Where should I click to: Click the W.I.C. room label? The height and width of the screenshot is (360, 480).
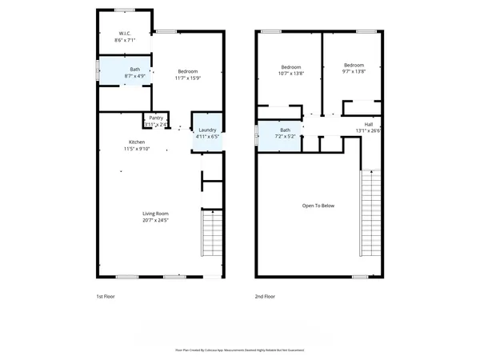pyautogui.click(x=125, y=34)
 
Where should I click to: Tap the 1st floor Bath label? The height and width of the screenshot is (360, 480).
pyautogui.click(x=136, y=70)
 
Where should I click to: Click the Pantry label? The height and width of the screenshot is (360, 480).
pyautogui.click(x=156, y=118)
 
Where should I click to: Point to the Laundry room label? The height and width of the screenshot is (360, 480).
pyautogui.click(x=207, y=130)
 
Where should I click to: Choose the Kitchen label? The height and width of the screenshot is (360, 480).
pyautogui.click(x=134, y=141)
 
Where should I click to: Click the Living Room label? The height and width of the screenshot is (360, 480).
pyautogui.click(x=155, y=214)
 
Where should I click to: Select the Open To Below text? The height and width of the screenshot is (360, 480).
pyautogui.click(x=318, y=206)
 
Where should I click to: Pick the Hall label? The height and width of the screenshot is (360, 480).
pyautogui.click(x=369, y=124)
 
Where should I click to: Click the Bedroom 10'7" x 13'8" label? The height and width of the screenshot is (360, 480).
pyautogui.click(x=290, y=66)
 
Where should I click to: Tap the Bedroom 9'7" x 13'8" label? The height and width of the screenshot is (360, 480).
pyautogui.click(x=354, y=66)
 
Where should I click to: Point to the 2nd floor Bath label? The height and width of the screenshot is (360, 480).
pyautogui.click(x=285, y=130)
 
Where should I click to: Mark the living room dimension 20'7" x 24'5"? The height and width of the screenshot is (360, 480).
pyautogui.click(x=155, y=220)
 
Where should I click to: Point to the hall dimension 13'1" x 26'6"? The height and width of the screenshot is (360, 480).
pyautogui.click(x=369, y=131)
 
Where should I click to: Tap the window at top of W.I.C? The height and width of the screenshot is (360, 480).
pyautogui.click(x=124, y=10)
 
